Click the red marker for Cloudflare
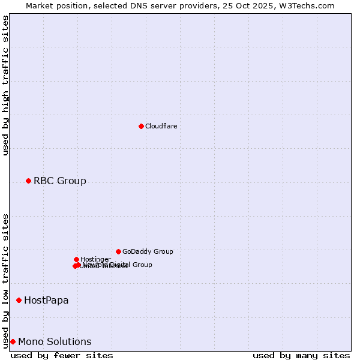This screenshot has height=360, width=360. pos(141,126)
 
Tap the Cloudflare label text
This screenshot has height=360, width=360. pos(161,126)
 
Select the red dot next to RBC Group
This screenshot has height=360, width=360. pos(28,181)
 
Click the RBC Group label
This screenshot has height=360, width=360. pos(59,181)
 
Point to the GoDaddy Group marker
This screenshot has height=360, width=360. pos(118,251)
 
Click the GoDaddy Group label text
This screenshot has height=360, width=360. pos(148,251)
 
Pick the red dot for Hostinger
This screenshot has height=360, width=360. pos(76,259)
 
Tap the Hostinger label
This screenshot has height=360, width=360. pos(95,259)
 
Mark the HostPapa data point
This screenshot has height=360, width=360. pos(19,300)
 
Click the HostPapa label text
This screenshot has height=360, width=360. pos(46,300)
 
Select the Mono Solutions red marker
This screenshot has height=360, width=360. pos(13,341)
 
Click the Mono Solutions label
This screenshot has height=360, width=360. pos(55,341)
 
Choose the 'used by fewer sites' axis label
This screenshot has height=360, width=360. pos(62,355)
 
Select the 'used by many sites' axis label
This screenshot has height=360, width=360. pos(301,355)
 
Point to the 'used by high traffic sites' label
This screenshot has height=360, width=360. pos(5,85)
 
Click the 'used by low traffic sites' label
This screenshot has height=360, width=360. pos(5,280)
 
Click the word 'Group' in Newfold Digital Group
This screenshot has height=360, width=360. pos(142,265)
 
